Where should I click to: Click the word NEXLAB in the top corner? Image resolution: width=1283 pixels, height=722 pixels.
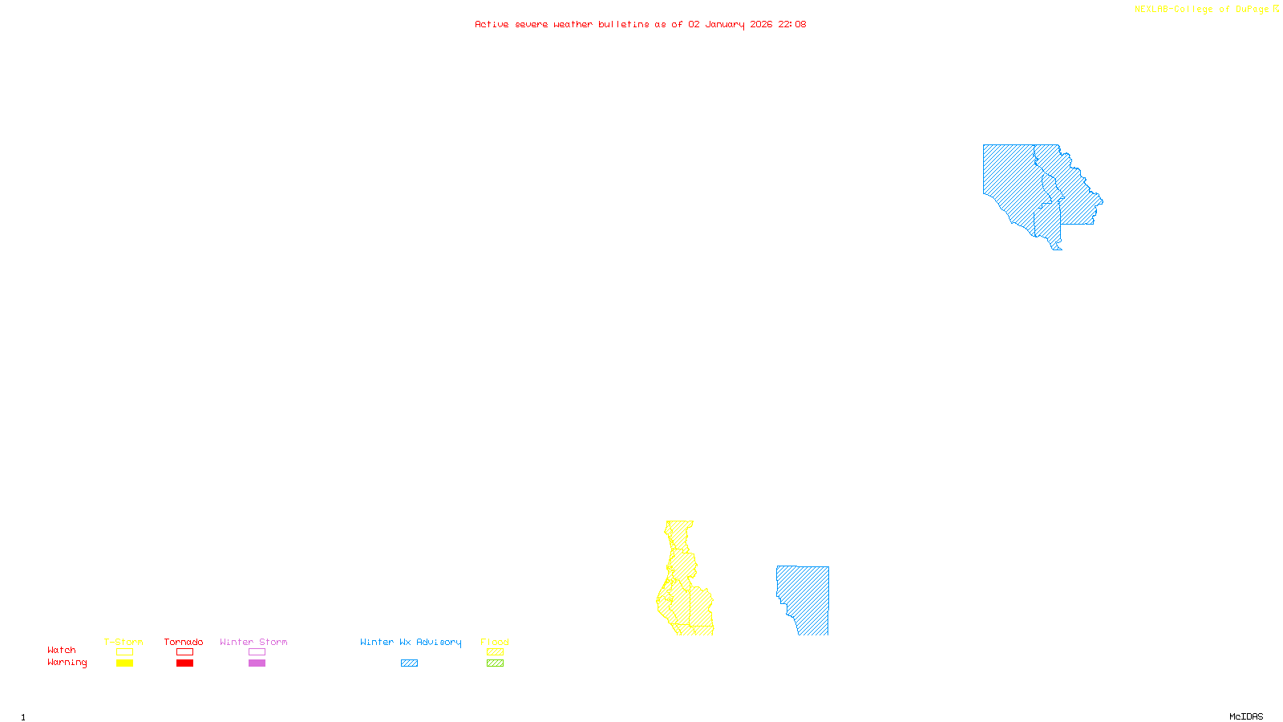coord(1151,10)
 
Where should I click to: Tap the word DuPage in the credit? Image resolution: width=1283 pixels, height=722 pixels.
coord(1253,10)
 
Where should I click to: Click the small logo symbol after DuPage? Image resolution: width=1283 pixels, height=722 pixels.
coord(1276,9)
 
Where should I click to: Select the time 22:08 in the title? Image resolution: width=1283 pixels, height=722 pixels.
coord(792,25)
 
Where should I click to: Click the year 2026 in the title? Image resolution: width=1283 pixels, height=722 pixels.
coord(761,25)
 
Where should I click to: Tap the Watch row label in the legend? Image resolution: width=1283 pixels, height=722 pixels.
coord(62,651)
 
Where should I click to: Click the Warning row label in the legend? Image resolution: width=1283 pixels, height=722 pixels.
coord(67,663)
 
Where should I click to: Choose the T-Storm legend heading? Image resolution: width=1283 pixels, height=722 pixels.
coord(123,642)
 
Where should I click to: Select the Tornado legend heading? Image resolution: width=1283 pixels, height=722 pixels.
coord(184,642)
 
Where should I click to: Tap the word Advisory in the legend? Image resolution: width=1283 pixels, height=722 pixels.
coord(439,642)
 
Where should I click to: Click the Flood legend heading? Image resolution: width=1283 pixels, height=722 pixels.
coord(495,642)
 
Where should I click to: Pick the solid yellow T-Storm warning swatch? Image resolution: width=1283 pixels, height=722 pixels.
coord(124,663)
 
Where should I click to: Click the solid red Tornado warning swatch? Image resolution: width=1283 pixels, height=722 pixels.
coord(184,663)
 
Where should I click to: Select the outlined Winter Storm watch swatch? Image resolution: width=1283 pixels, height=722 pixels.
coord(257,652)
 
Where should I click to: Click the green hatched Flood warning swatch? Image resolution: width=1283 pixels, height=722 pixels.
coord(495,663)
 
